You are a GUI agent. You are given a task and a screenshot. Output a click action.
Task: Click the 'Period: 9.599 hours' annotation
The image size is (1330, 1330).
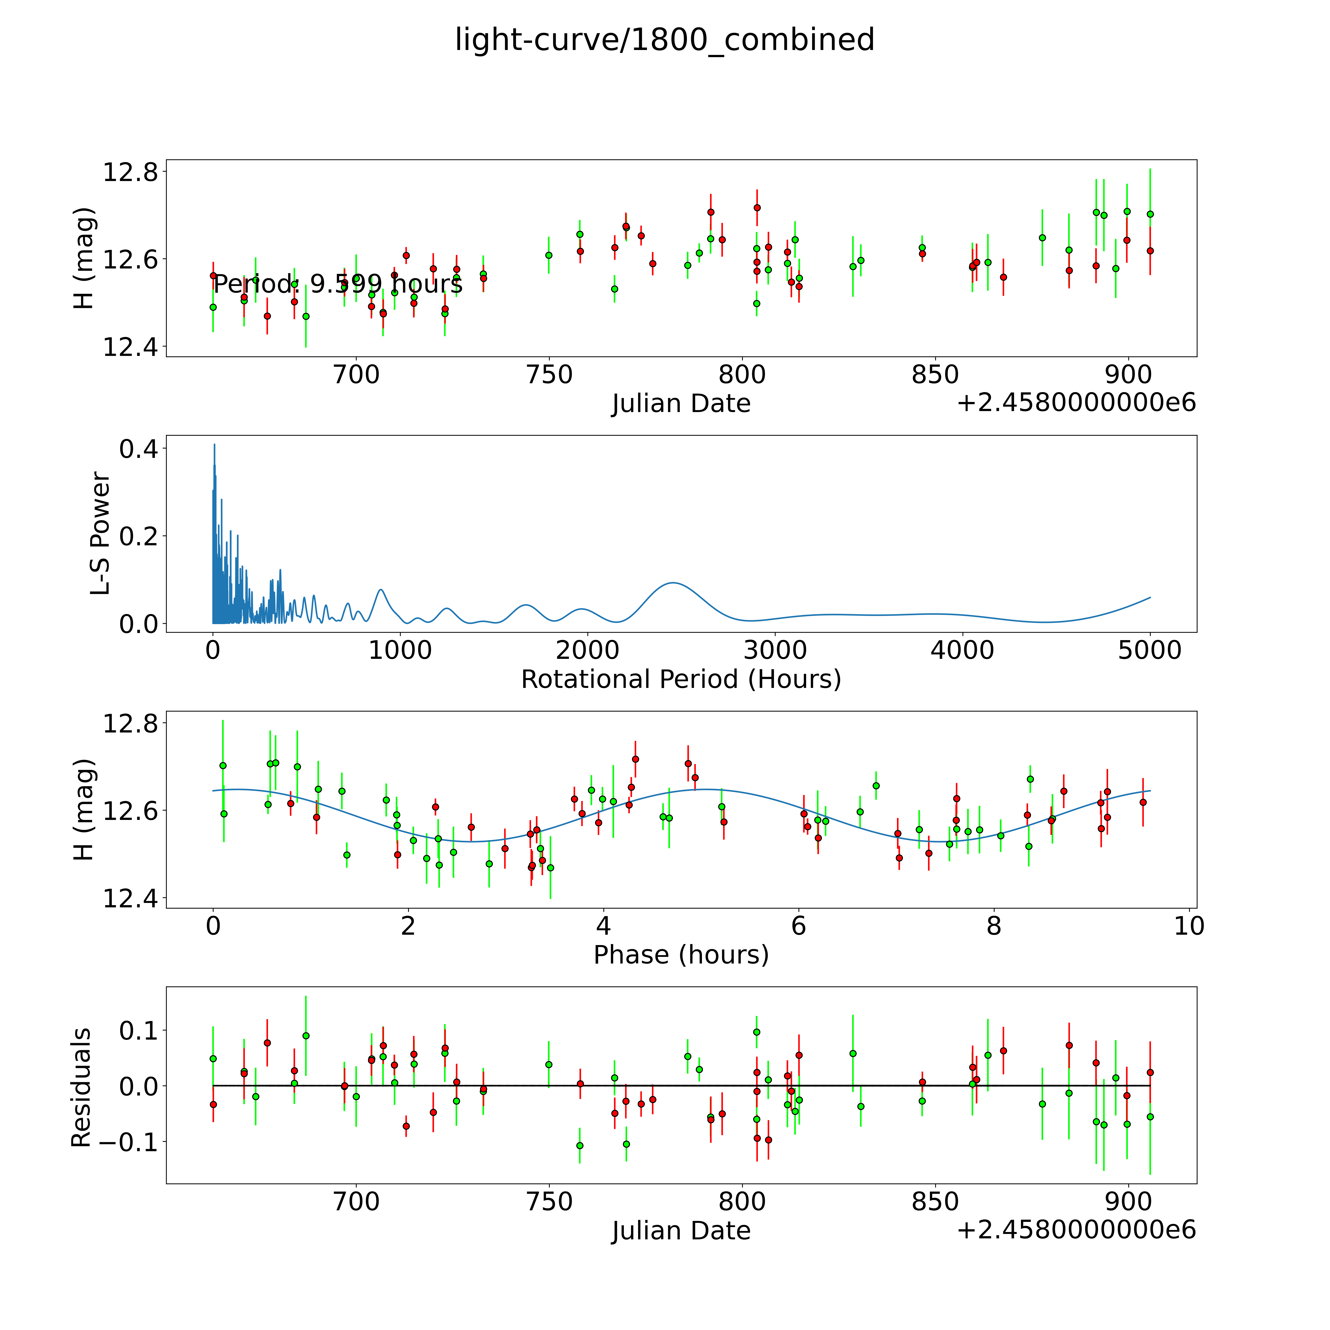[x=337, y=284]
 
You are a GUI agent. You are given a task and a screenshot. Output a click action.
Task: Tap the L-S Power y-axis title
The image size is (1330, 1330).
[x=100, y=533]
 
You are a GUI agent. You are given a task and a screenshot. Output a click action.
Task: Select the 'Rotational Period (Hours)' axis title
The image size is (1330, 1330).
[x=681, y=680]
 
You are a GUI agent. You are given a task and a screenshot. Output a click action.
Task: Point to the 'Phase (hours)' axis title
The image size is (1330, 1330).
[x=681, y=955]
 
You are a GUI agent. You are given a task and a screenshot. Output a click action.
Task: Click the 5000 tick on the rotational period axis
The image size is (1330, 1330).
[x=1150, y=650]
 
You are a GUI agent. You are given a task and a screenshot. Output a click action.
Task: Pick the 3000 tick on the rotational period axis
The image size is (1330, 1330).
[x=775, y=650]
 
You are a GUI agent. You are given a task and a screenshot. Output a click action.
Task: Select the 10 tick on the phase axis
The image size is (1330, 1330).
[x=1189, y=926]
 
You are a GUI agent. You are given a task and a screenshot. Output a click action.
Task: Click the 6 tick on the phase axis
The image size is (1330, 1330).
[x=798, y=926]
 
